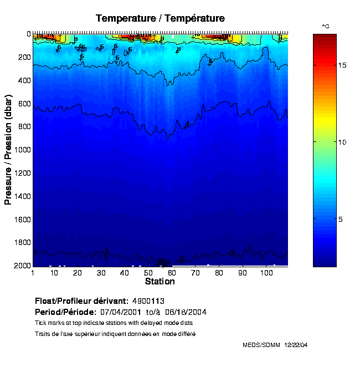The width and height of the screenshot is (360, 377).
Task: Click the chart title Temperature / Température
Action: click(x=160, y=18)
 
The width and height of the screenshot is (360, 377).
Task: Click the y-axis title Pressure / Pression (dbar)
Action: click(x=8, y=148)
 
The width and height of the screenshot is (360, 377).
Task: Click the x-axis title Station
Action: click(x=160, y=281)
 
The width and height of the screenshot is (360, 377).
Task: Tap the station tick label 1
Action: click(x=33, y=273)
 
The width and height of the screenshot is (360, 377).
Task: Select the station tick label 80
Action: click(x=219, y=273)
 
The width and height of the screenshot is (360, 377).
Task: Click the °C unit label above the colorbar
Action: click(x=326, y=27)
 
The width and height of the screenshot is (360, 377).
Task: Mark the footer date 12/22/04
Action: click(x=296, y=345)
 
